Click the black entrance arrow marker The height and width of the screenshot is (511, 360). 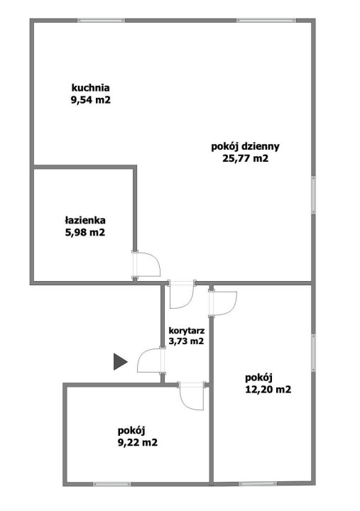[120, 361]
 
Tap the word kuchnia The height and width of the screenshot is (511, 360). [91, 88]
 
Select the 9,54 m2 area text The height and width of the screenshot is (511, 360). [91, 100]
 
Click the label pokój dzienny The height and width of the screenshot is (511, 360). [245, 147]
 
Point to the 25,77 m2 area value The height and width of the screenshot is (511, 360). [245, 158]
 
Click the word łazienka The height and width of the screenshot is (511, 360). [85, 221]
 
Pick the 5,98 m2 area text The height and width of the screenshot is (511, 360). [85, 232]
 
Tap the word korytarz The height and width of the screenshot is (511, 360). [187, 331]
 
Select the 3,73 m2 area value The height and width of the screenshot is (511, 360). [186, 341]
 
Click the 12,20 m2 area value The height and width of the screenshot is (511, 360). [268, 389]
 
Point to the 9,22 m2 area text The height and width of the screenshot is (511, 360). [138, 442]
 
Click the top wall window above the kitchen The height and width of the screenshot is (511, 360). [101, 21]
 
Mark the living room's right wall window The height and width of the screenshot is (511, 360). [313, 195]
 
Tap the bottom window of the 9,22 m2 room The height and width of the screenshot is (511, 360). [112, 484]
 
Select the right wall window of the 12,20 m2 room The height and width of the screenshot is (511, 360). [313, 353]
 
